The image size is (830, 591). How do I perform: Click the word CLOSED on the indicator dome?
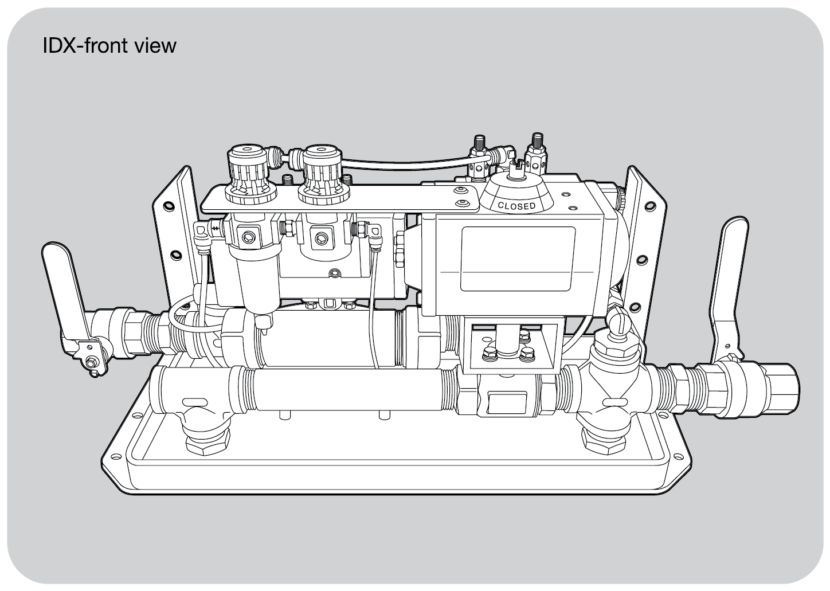pyautogui.click(x=516, y=205)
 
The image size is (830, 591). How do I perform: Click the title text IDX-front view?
pyautogui.click(x=109, y=45)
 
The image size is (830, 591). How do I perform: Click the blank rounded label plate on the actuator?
pyautogui.click(x=518, y=257)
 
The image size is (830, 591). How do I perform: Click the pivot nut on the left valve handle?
pyautogui.click(x=91, y=362)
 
